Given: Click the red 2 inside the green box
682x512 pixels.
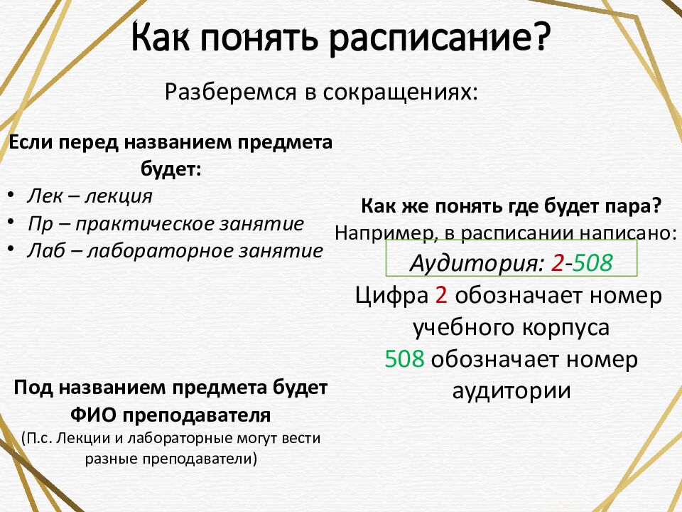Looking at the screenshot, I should coord(556,264).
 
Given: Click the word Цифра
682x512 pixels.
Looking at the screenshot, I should coord(391,296).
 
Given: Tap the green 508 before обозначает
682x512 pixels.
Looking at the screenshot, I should coord(404,359).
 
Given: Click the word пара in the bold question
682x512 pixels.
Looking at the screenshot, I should coord(638,207).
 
